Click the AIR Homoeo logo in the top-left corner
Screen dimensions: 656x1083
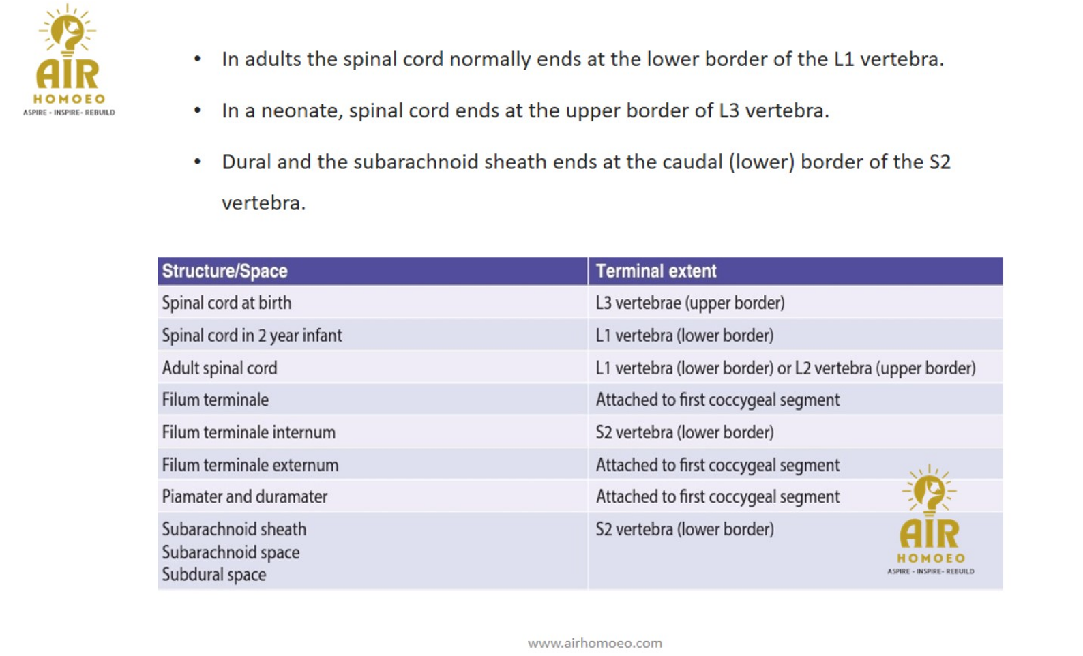68,60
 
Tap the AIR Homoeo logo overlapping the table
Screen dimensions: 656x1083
930,520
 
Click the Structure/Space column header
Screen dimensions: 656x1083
224,271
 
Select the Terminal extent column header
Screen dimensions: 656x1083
655,271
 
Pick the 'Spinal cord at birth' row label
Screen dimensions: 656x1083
226,303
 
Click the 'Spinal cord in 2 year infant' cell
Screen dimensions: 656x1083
252,336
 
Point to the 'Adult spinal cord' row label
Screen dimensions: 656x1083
220,368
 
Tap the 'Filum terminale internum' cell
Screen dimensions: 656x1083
248,432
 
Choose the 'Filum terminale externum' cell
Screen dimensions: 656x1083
250,465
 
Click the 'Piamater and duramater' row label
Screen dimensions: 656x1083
244,496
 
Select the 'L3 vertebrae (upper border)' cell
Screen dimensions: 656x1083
689,303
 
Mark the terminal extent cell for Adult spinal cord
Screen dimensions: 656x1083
785,368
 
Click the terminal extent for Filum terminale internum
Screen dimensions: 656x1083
684,432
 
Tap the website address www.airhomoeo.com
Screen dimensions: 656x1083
595,643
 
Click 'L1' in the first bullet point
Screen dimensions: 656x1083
844,59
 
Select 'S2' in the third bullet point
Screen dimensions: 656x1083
939,162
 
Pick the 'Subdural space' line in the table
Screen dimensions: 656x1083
213,575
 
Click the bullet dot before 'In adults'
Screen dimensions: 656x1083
197,59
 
